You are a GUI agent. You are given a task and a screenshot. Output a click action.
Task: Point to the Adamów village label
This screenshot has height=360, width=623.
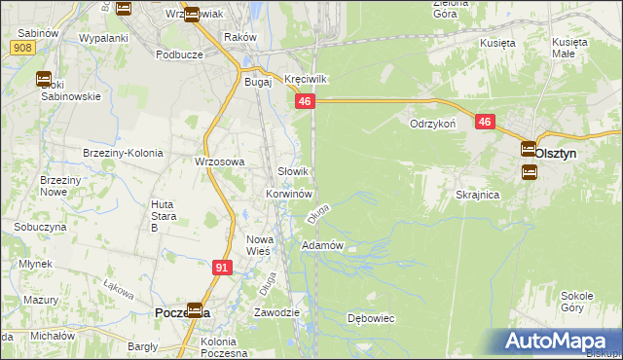pos(323,245)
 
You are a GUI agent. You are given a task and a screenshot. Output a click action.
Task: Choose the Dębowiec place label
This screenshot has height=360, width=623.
pos(370,318)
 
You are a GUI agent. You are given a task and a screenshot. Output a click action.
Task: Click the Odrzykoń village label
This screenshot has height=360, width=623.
pos(433,125)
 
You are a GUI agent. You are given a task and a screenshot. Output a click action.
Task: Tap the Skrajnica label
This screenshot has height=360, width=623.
pos(477,195)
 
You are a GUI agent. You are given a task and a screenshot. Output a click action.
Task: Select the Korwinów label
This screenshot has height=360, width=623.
pos(288,194)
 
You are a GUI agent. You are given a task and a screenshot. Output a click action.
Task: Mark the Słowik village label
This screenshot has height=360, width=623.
pos(294,171)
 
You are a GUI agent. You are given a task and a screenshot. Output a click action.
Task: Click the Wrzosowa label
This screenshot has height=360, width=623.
pos(219,162)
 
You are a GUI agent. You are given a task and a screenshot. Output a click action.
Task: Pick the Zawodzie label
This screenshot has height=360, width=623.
pos(275,313)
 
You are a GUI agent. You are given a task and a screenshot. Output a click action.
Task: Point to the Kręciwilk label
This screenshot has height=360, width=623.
pos(303,78)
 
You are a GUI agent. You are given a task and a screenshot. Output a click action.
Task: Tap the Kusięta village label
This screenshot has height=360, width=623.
pos(497,43)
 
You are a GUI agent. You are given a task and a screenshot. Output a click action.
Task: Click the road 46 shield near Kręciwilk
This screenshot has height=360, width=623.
pos(306,101)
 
